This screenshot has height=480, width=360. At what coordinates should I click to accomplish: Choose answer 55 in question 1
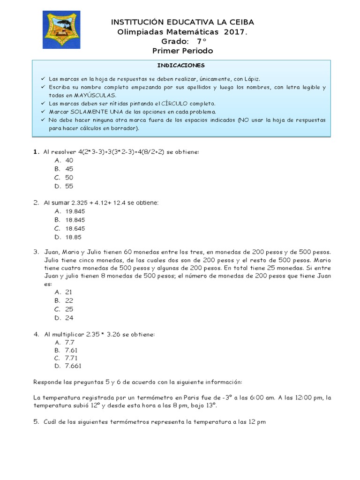point(69,186)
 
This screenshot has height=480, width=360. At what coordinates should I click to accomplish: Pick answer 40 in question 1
point(69,160)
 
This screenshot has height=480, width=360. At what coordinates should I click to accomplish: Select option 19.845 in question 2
point(75,211)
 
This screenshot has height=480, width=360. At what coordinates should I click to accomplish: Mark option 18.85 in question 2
point(73,237)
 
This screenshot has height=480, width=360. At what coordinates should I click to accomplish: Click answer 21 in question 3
point(69,292)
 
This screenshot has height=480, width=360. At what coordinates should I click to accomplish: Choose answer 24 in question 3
point(69,318)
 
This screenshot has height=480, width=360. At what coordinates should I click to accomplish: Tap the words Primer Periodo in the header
point(183,50)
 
